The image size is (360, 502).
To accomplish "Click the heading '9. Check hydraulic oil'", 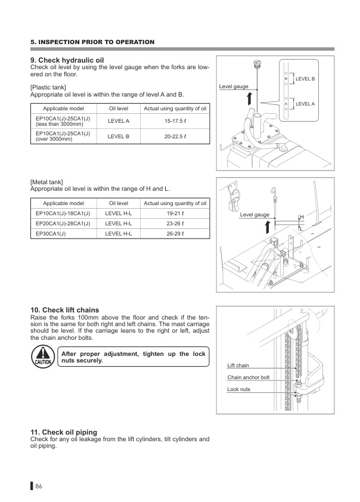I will point(67,60).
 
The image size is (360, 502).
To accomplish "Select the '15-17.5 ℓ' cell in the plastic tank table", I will point(175,122).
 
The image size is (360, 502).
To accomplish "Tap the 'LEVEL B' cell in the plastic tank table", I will point(118,136).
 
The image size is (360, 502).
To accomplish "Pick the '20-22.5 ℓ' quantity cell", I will point(175,136).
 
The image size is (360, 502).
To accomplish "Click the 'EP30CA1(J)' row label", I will point(51,234).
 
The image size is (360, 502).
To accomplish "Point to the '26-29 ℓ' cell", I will point(175,234).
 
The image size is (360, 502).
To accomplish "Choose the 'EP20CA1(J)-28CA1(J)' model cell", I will point(63,224).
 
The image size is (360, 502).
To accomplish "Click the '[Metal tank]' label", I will point(46,181).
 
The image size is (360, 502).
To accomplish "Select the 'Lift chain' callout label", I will point(238,365).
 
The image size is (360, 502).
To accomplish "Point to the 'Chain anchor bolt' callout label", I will point(248,377).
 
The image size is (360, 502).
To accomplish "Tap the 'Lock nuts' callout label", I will point(238,389).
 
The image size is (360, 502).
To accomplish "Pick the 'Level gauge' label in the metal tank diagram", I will point(255,214).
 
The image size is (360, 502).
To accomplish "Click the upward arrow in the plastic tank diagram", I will point(250,97).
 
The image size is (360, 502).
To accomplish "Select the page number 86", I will point(39,486).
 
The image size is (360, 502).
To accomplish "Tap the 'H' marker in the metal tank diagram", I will point(302,217).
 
